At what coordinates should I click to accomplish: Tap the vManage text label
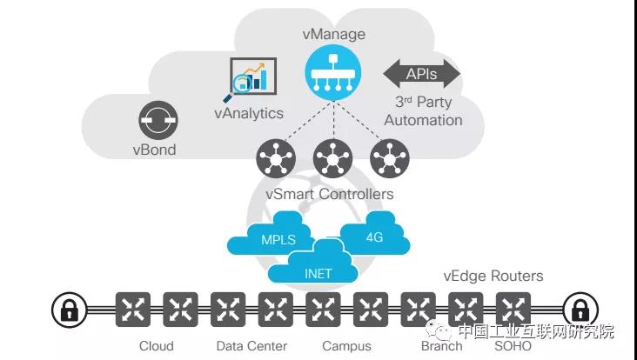[335, 35]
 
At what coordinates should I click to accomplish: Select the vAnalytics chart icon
[251, 80]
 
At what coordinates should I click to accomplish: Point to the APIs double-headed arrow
[422, 74]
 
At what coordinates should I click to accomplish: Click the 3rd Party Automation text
[423, 110]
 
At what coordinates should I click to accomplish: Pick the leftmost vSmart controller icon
[276, 159]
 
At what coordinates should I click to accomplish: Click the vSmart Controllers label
[332, 194]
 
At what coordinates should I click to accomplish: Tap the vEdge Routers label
[493, 277]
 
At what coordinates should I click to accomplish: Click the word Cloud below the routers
[157, 346]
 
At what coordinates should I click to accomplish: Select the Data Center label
[251, 346]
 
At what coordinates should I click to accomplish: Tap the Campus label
[346, 346]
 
